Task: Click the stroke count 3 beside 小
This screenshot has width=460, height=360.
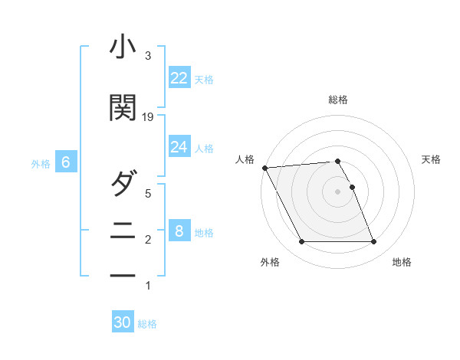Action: click(148, 56)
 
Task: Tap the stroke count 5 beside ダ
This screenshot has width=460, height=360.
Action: click(148, 194)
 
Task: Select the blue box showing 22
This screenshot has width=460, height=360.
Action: click(179, 78)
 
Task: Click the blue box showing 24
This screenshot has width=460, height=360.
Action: click(179, 146)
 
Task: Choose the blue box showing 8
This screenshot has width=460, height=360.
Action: click(179, 231)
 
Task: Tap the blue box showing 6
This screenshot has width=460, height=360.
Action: click(66, 162)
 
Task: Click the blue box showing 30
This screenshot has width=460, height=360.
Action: click(123, 322)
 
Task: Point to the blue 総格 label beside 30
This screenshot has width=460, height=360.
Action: click(147, 324)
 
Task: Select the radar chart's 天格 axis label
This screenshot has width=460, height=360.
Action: click(432, 159)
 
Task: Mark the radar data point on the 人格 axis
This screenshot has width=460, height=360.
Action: click(264, 168)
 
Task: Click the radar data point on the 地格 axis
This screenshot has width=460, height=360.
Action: click(374, 242)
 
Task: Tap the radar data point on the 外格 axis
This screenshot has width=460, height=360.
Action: click(301, 242)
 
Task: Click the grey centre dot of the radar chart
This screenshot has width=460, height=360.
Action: click(337, 191)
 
